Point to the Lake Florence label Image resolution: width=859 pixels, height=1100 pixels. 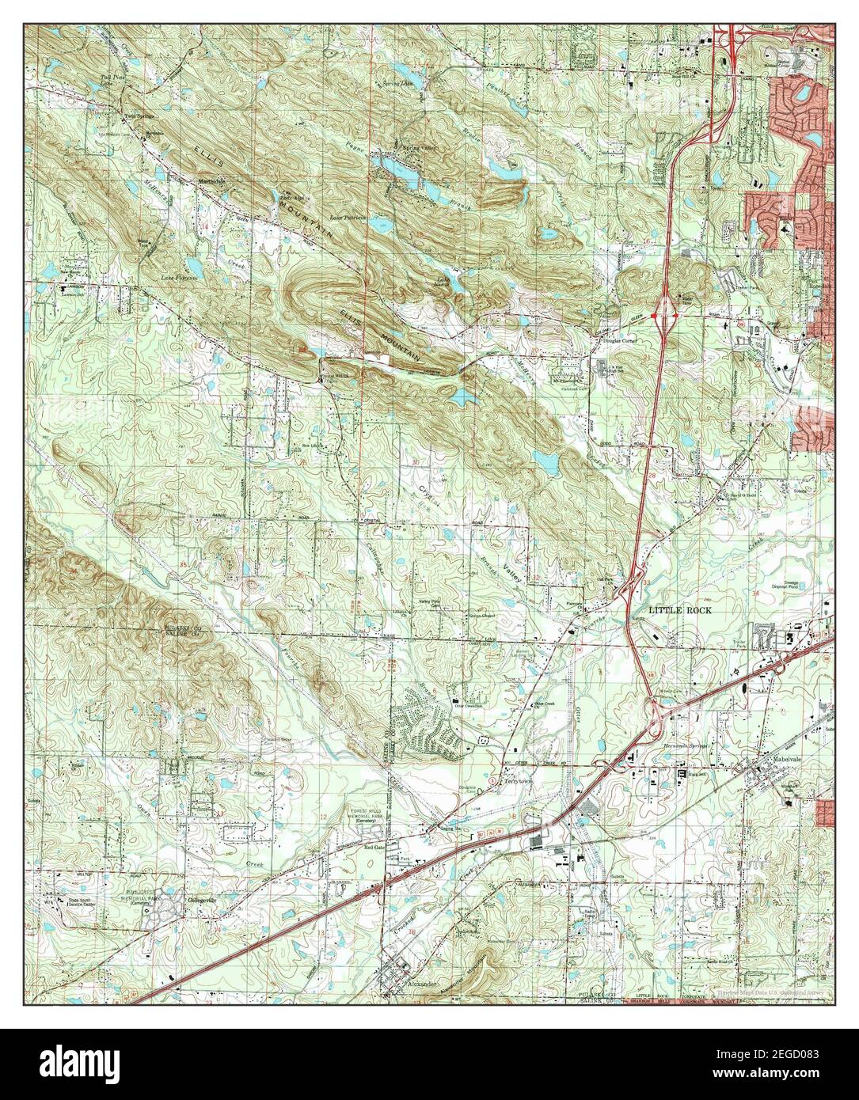[x=178, y=279]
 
